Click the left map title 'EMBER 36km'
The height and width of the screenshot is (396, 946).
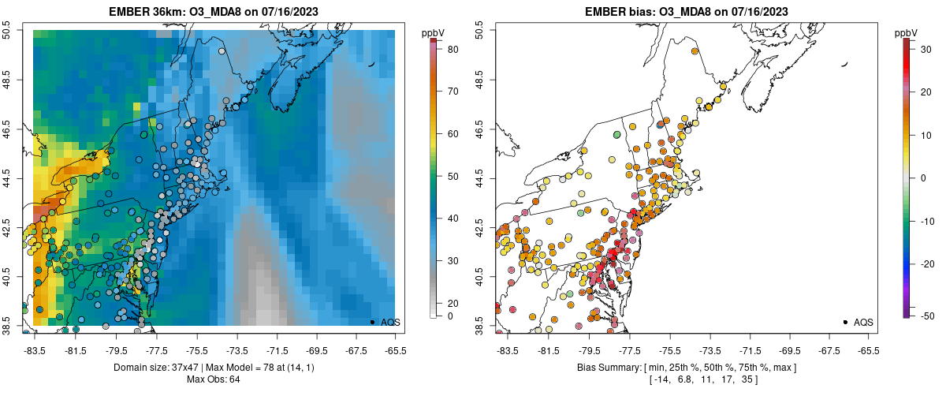coord(162,10)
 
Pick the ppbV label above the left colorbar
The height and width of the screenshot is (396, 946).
coord(433,32)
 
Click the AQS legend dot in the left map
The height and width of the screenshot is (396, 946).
coord(372,322)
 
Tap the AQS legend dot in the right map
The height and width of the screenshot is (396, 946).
coord(845,322)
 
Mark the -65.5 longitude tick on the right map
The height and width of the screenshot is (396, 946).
coord(868,351)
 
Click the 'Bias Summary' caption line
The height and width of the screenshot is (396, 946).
coord(687,368)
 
